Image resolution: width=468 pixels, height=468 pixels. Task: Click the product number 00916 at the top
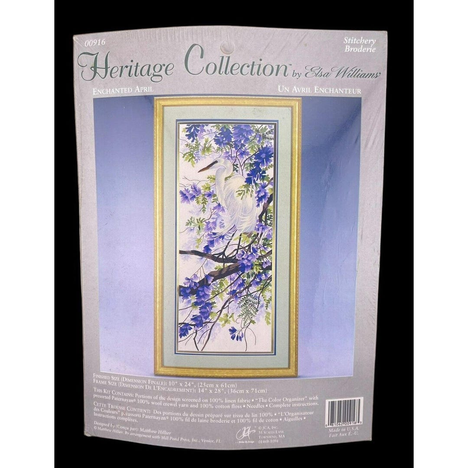[94, 42]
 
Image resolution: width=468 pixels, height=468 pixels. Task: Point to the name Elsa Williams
[342, 72]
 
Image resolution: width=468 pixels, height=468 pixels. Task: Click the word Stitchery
[359, 40]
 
